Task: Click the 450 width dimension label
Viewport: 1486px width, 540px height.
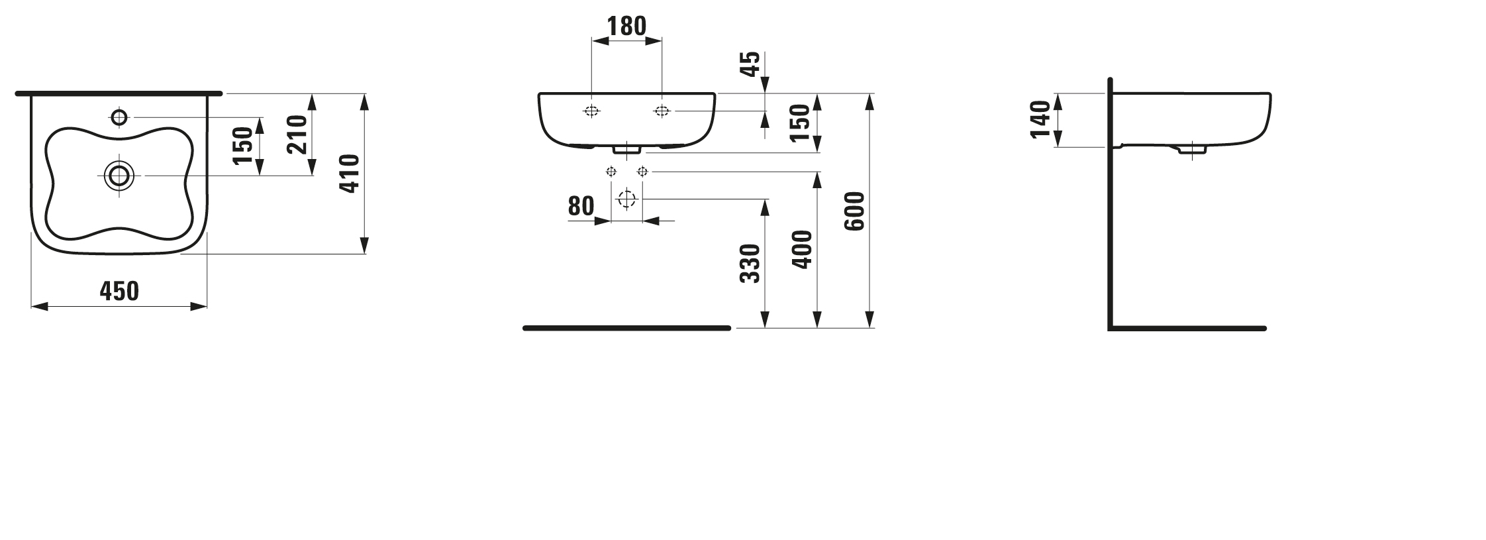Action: coord(119,291)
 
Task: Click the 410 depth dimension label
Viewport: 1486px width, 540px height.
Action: coord(349,174)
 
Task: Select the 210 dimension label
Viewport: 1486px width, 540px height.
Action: coord(298,135)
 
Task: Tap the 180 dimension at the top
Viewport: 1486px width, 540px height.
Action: coord(626,26)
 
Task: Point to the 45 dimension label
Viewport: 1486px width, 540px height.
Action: coord(750,64)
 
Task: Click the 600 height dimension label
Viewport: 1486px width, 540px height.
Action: coord(855,211)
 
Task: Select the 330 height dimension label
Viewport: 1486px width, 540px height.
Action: coord(750,264)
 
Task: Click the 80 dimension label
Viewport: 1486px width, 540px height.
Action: coord(581,207)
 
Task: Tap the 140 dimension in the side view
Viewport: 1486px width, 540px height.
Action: coord(1041,119)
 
